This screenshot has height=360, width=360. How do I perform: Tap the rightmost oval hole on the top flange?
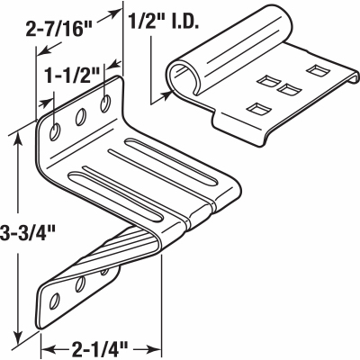pyautogui.click(x=107, y=102)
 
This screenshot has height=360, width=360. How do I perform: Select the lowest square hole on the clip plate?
pyautogui.click(x=256, y=109)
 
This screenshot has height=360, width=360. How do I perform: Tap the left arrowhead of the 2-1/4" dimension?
pyautogui.click(x=46, y=343)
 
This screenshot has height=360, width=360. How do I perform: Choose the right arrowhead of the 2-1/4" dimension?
pyautogui.click(x=159, y=343)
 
